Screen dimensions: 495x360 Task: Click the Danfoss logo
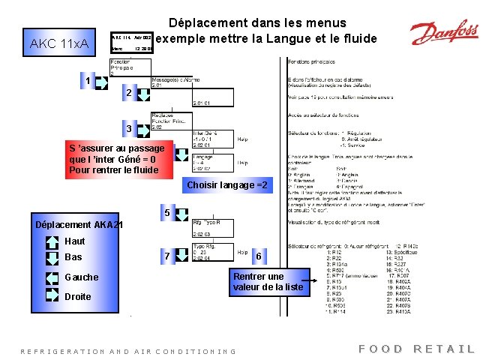click(x=443, y=34)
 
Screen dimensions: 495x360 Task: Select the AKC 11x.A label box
click(x=58, y=44)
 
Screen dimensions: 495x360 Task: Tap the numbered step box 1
click(x=88, y=80)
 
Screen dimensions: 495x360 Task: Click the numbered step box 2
click(x=129, y=92)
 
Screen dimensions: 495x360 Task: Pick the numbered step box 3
click(x=129, y=129)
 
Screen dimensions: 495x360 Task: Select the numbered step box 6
click(x=259, y=256)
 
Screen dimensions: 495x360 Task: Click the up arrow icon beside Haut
click(x=51, y=241)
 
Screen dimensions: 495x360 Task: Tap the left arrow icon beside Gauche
click(x=51, y=277)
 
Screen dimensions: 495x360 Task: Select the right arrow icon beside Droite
click(x=51, y=295)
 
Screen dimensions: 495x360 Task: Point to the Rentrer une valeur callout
click(x=268, y=281)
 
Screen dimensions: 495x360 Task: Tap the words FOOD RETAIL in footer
click(x=417, y=349)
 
